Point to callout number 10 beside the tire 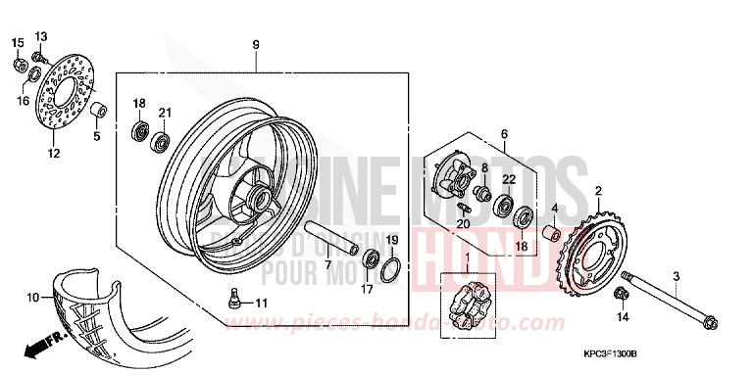(31, 297)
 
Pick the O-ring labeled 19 (389, 265)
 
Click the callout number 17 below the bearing (369, 290)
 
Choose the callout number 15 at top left (17, 42)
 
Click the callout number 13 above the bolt (40, 36)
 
